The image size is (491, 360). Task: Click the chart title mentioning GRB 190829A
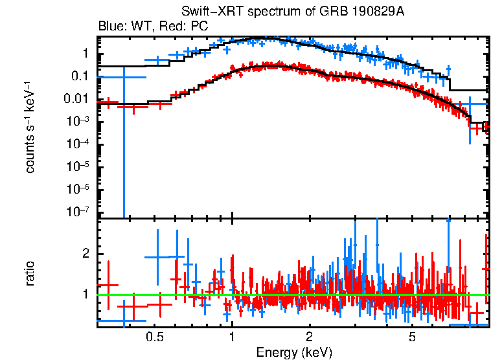pyautogui.click(x=293, y=12)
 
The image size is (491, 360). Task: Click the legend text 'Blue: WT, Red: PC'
pyautogui.click(x=153, y=27)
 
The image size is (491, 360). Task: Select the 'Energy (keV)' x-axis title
pyautogui.click(x=294, y=352)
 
